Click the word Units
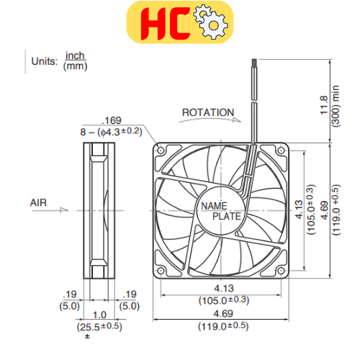pos(43,61)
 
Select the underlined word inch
pos(75,55)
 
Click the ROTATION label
pos(207,112)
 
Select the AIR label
pos(38,203)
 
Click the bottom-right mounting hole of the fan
pos(280,271)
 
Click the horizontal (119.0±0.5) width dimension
pos(222,326)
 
